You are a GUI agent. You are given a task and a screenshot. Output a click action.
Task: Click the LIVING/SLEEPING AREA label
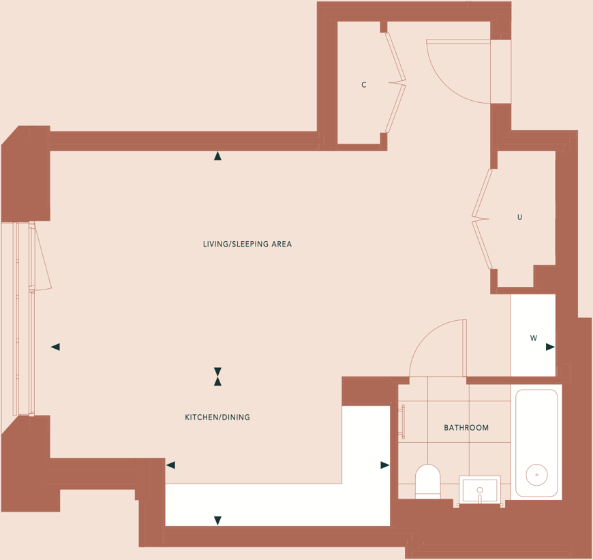[x=247, y=244]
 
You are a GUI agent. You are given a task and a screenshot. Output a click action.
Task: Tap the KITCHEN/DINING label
[x=217, y=417]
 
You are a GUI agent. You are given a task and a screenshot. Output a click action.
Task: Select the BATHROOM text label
[x=466, y=428]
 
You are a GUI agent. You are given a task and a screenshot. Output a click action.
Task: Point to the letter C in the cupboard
[x=364, y=85]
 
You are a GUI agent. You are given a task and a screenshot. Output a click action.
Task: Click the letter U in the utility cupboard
[x=519, y=217]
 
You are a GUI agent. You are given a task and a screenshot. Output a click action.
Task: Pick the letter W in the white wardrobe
[x=534, y=338]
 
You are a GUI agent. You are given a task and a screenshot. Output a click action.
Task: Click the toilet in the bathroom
[x=428, y=481]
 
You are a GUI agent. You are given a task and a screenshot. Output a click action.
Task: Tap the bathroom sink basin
[x=480, y=490]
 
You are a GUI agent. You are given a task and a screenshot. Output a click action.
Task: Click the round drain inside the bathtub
[x=537, y=474]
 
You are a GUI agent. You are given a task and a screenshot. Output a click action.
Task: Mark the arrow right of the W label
[x=550, y=347]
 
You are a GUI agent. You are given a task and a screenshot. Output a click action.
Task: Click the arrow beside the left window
[x=55, y=347]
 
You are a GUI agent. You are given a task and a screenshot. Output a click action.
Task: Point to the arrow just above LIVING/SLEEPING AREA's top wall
[x=217, y=156]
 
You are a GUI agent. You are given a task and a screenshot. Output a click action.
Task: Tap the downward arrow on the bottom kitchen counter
[x=217, y=520]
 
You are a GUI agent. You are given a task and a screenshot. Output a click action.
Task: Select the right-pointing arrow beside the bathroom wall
[x=385, y=465]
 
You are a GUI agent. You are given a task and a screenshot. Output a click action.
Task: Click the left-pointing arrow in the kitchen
[x=170, y=465]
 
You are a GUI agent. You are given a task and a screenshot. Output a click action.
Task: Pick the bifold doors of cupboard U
[x=482, y=219]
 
